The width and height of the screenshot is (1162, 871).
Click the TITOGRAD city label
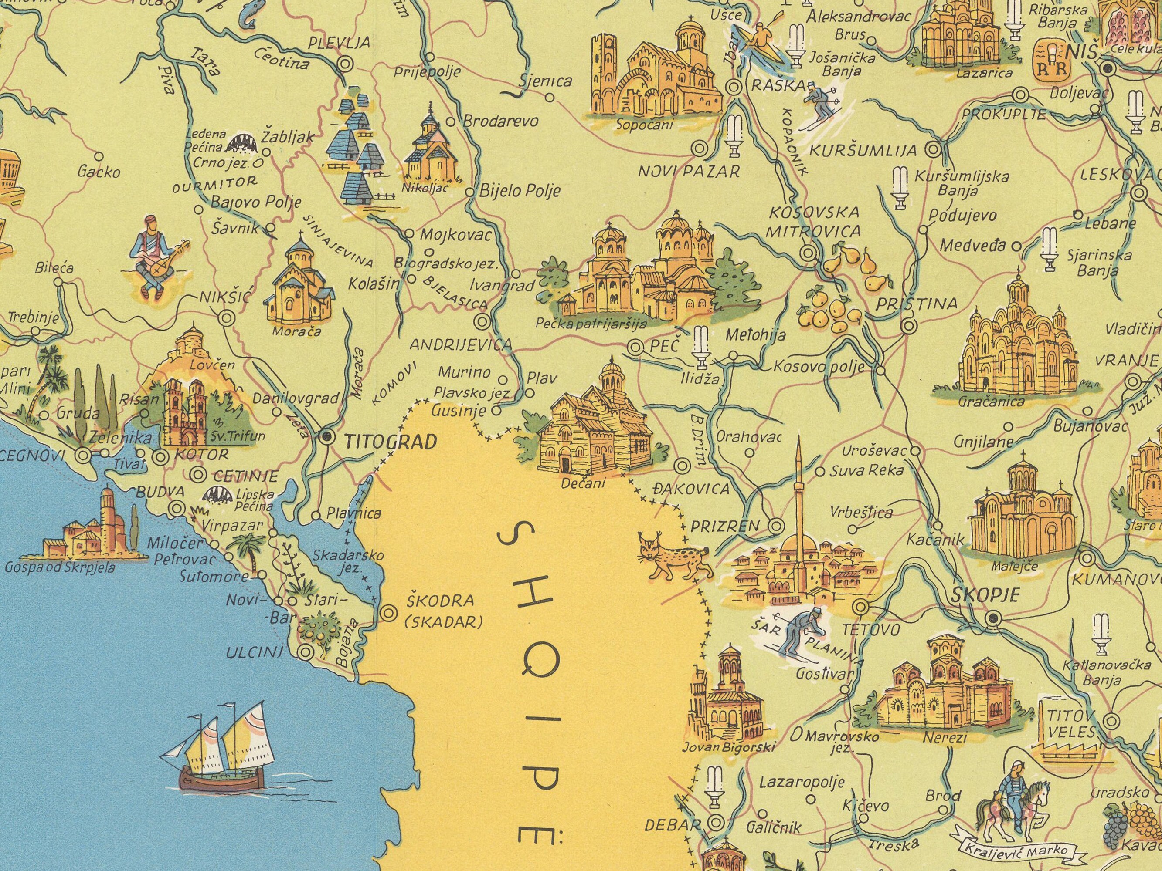pos(390,443)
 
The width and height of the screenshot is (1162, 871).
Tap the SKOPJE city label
pos(985,595)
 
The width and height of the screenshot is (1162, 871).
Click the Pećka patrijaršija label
pos(591,324)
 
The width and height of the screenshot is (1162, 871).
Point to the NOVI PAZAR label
pos(689,171)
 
